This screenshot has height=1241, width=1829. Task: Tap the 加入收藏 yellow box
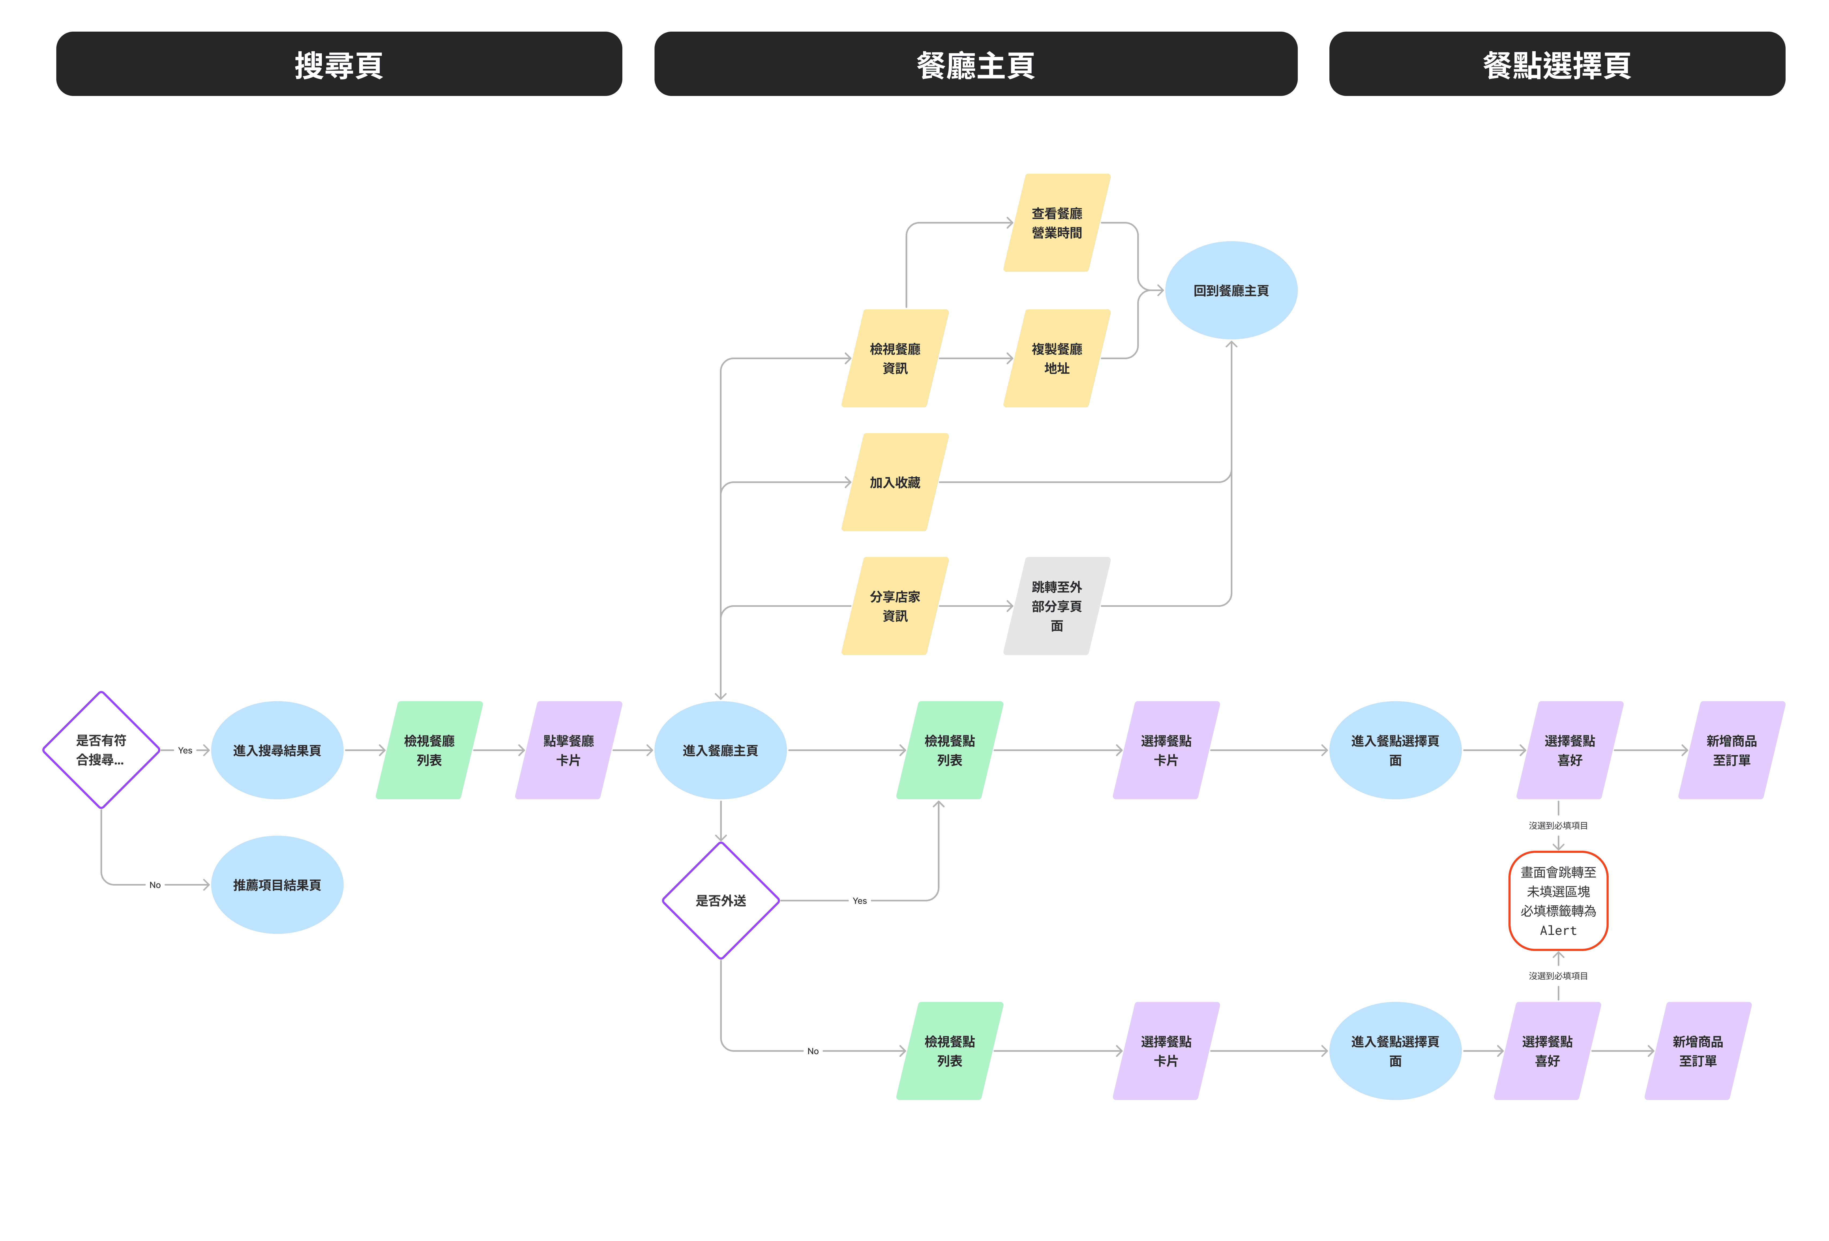(x=895, y=482)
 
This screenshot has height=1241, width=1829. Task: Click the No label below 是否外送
(x=813, y=1050)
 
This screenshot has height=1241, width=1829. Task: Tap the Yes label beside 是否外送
(x=859, y=900)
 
